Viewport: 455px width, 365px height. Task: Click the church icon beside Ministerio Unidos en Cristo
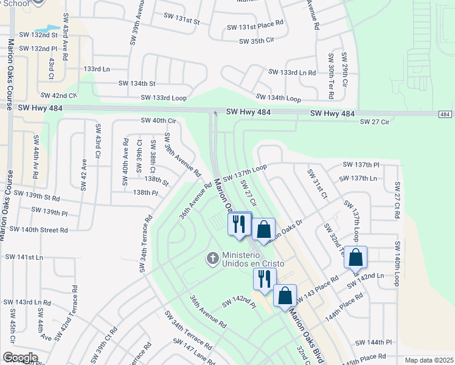[213, 259]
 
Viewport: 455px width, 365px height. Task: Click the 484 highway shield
[446, 115]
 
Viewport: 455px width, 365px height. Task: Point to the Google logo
[20, 358]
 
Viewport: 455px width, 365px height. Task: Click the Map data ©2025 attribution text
[429, 360]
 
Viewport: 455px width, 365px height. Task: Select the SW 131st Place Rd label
[255, 27]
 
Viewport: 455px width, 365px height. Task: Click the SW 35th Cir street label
[262, 41]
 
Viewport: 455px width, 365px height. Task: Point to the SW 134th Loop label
[278, 97]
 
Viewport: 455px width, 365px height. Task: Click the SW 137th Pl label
[361, 165]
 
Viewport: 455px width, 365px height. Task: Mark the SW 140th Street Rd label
[38, 230]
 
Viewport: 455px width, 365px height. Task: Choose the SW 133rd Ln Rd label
[292, 72]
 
